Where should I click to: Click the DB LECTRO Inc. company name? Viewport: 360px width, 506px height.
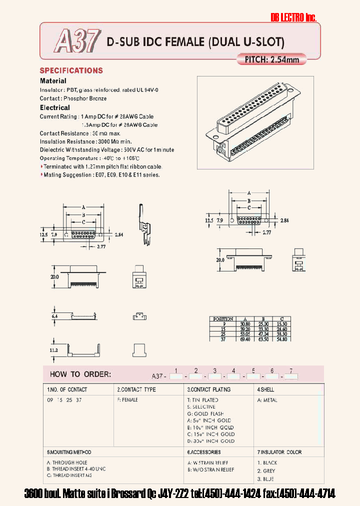(x=293, y=17)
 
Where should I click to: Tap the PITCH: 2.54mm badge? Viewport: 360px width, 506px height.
(x=271, y=59)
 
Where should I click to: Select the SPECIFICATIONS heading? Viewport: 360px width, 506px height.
(x=71, y=70)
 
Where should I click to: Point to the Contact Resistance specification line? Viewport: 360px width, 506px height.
(x=80, y=133)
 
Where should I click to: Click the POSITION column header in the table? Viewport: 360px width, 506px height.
(x=223, y=318)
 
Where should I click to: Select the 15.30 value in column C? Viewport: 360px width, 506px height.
(x=282, y=324)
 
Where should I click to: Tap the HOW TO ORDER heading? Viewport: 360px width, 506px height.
(x=80, y=374)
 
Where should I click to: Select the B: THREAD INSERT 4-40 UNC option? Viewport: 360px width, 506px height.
(x=76, y=469)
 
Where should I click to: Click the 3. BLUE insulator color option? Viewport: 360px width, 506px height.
(x=267, y=479)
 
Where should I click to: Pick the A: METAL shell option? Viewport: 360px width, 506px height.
(x=267, y=400)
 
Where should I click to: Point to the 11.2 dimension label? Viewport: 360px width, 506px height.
(x=54, y=350)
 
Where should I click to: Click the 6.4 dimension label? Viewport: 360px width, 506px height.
(x=54, y=316)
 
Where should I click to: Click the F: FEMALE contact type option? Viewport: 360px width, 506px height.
(x=127, y=400)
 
